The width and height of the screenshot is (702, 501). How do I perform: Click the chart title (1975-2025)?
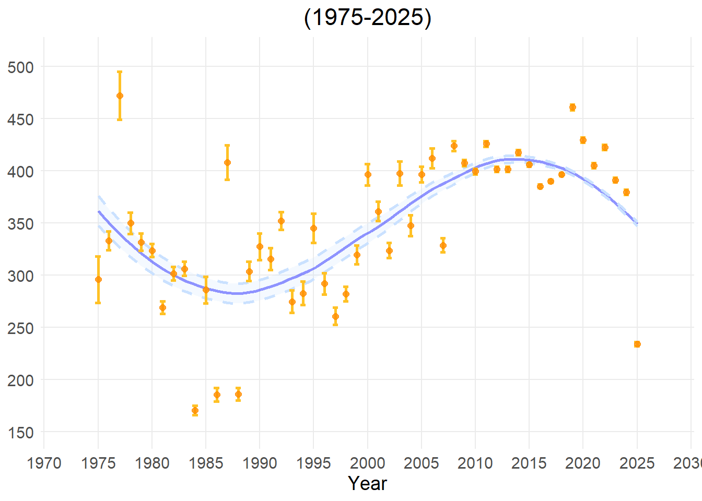point(367,18)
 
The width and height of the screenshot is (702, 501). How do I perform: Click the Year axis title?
point(367,483)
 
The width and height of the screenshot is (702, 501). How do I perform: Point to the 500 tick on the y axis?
point(21,67)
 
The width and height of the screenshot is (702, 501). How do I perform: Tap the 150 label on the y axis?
point(21,432)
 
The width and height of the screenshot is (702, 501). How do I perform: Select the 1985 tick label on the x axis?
point(206,463)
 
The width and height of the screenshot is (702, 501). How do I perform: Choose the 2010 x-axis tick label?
point(475,463)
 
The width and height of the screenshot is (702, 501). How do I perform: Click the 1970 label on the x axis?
point(44,463)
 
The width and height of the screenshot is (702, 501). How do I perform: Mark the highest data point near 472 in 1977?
point(120,96)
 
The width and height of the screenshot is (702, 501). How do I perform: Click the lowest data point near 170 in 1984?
point(195,411)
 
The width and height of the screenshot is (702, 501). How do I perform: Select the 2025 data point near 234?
point(637,344)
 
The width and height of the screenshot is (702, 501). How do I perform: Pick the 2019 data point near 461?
point(572,108)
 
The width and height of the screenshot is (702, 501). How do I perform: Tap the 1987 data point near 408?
point(227,162)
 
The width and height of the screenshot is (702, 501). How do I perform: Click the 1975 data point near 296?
point(98,279)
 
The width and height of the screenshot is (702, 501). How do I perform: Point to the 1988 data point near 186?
point(238,395)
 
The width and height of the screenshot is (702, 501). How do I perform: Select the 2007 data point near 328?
point(443,245)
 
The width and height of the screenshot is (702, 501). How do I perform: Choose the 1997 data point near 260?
point(335,316)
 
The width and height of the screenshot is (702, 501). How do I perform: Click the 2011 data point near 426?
point(486,144)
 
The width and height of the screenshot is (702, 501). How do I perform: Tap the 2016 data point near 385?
point(540,186)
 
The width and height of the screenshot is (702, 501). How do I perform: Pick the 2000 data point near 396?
point(368,175)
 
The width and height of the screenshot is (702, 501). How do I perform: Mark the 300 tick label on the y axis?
point(21,276)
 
